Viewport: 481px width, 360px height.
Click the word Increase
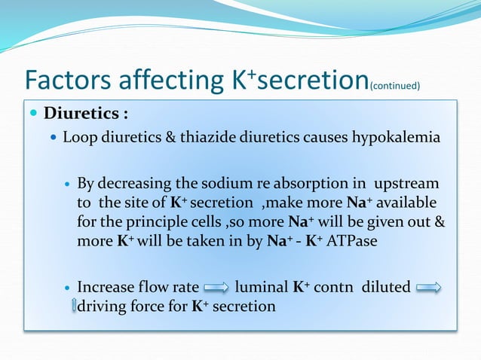click(106, 287)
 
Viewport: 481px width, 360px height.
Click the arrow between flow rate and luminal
click(216, 288)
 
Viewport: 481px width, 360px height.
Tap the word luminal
click(260, 287)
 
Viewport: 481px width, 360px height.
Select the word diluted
click(385, 287)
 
